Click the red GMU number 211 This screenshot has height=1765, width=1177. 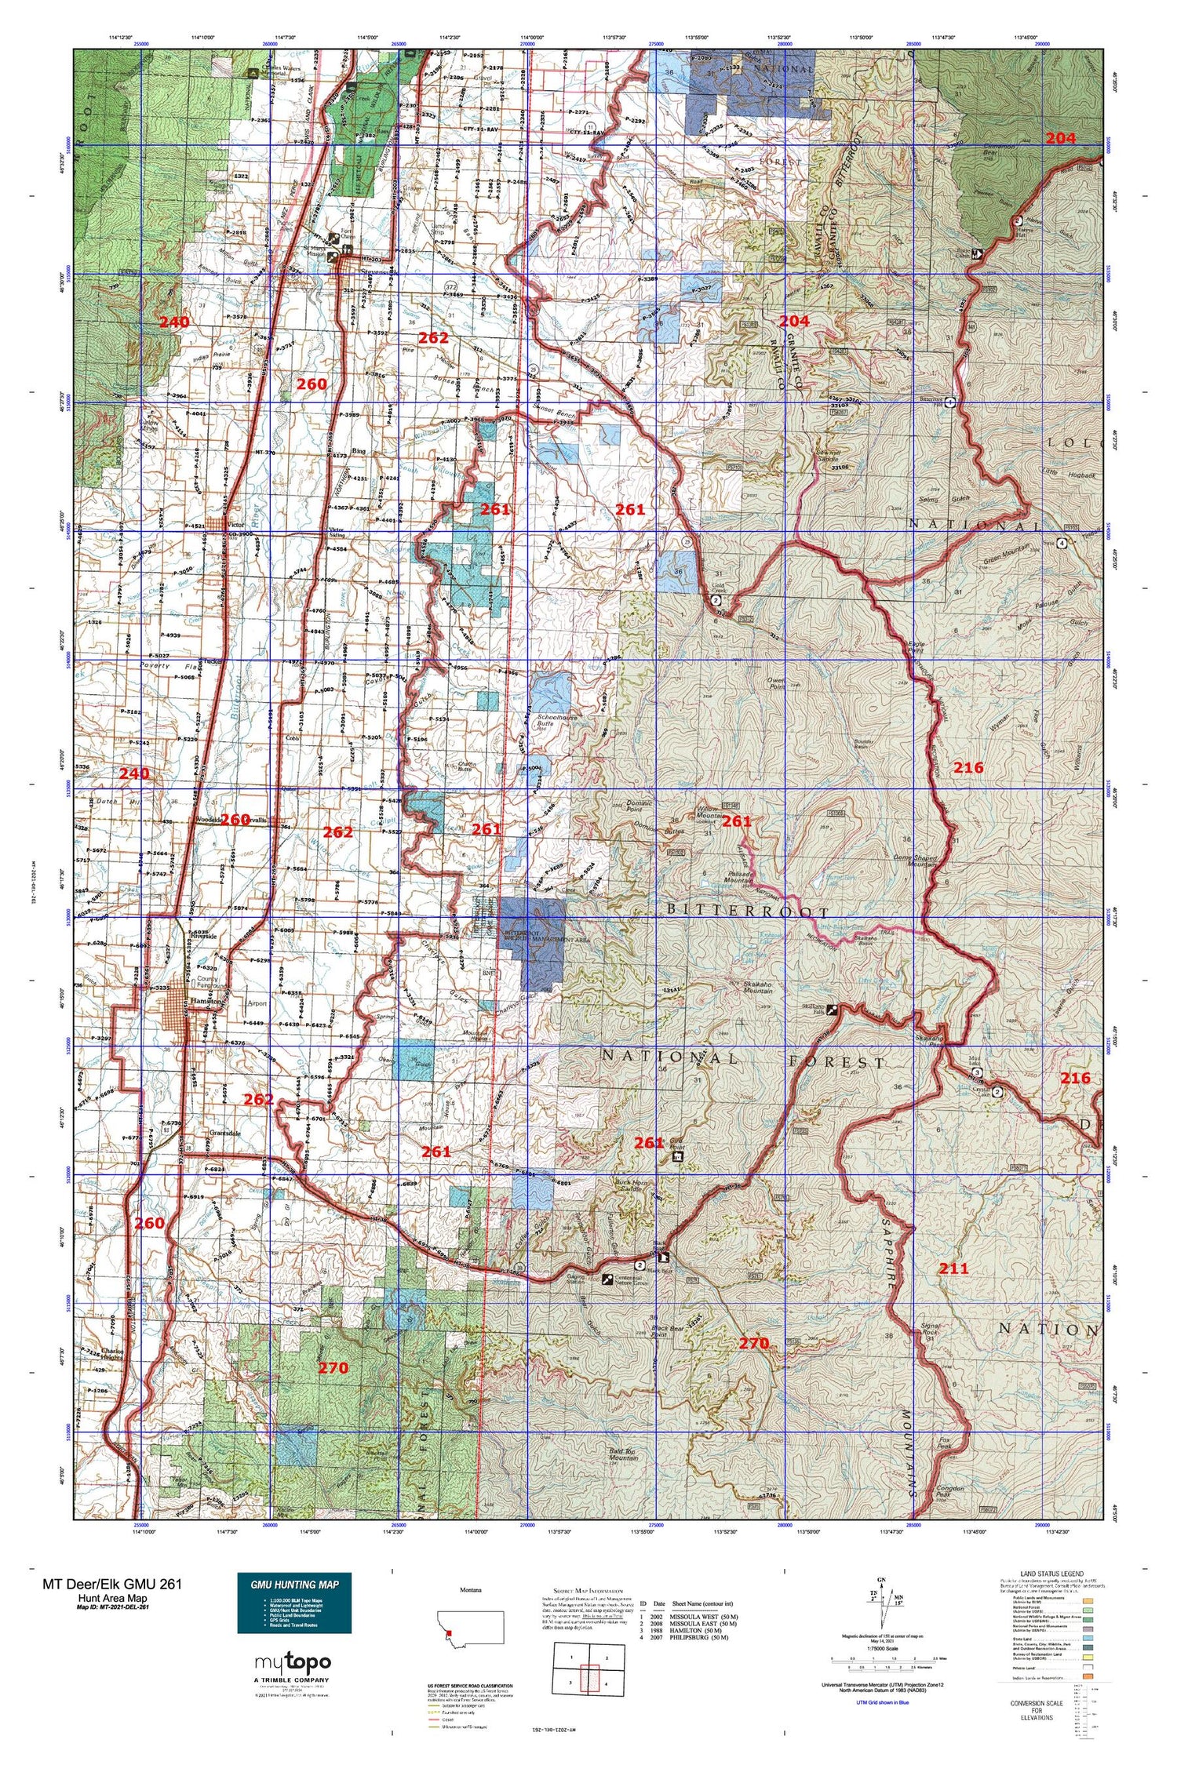click(954, 1268)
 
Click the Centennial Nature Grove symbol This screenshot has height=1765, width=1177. click(607, 1279)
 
